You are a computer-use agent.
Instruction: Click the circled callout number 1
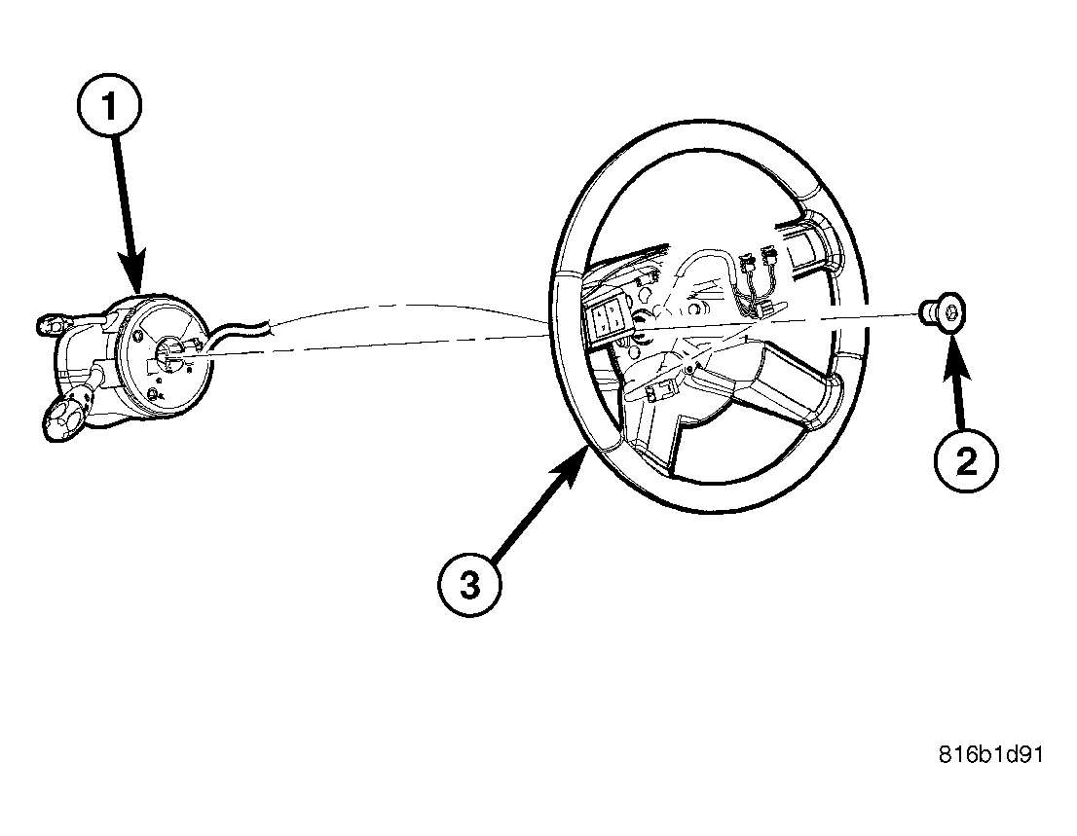(x=109, y=106)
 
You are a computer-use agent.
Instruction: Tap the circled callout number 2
(x=966, y=460)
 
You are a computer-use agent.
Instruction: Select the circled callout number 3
(x=469, y=586)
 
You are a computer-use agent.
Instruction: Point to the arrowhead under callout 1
(x=132, y=271)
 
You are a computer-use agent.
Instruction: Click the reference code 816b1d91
(x=990, y=754)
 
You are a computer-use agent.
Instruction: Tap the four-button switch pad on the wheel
(x=605, y=317)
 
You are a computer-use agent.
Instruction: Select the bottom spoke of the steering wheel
(x=656, y=439)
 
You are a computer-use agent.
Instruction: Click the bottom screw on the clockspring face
(x=155, y=393)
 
